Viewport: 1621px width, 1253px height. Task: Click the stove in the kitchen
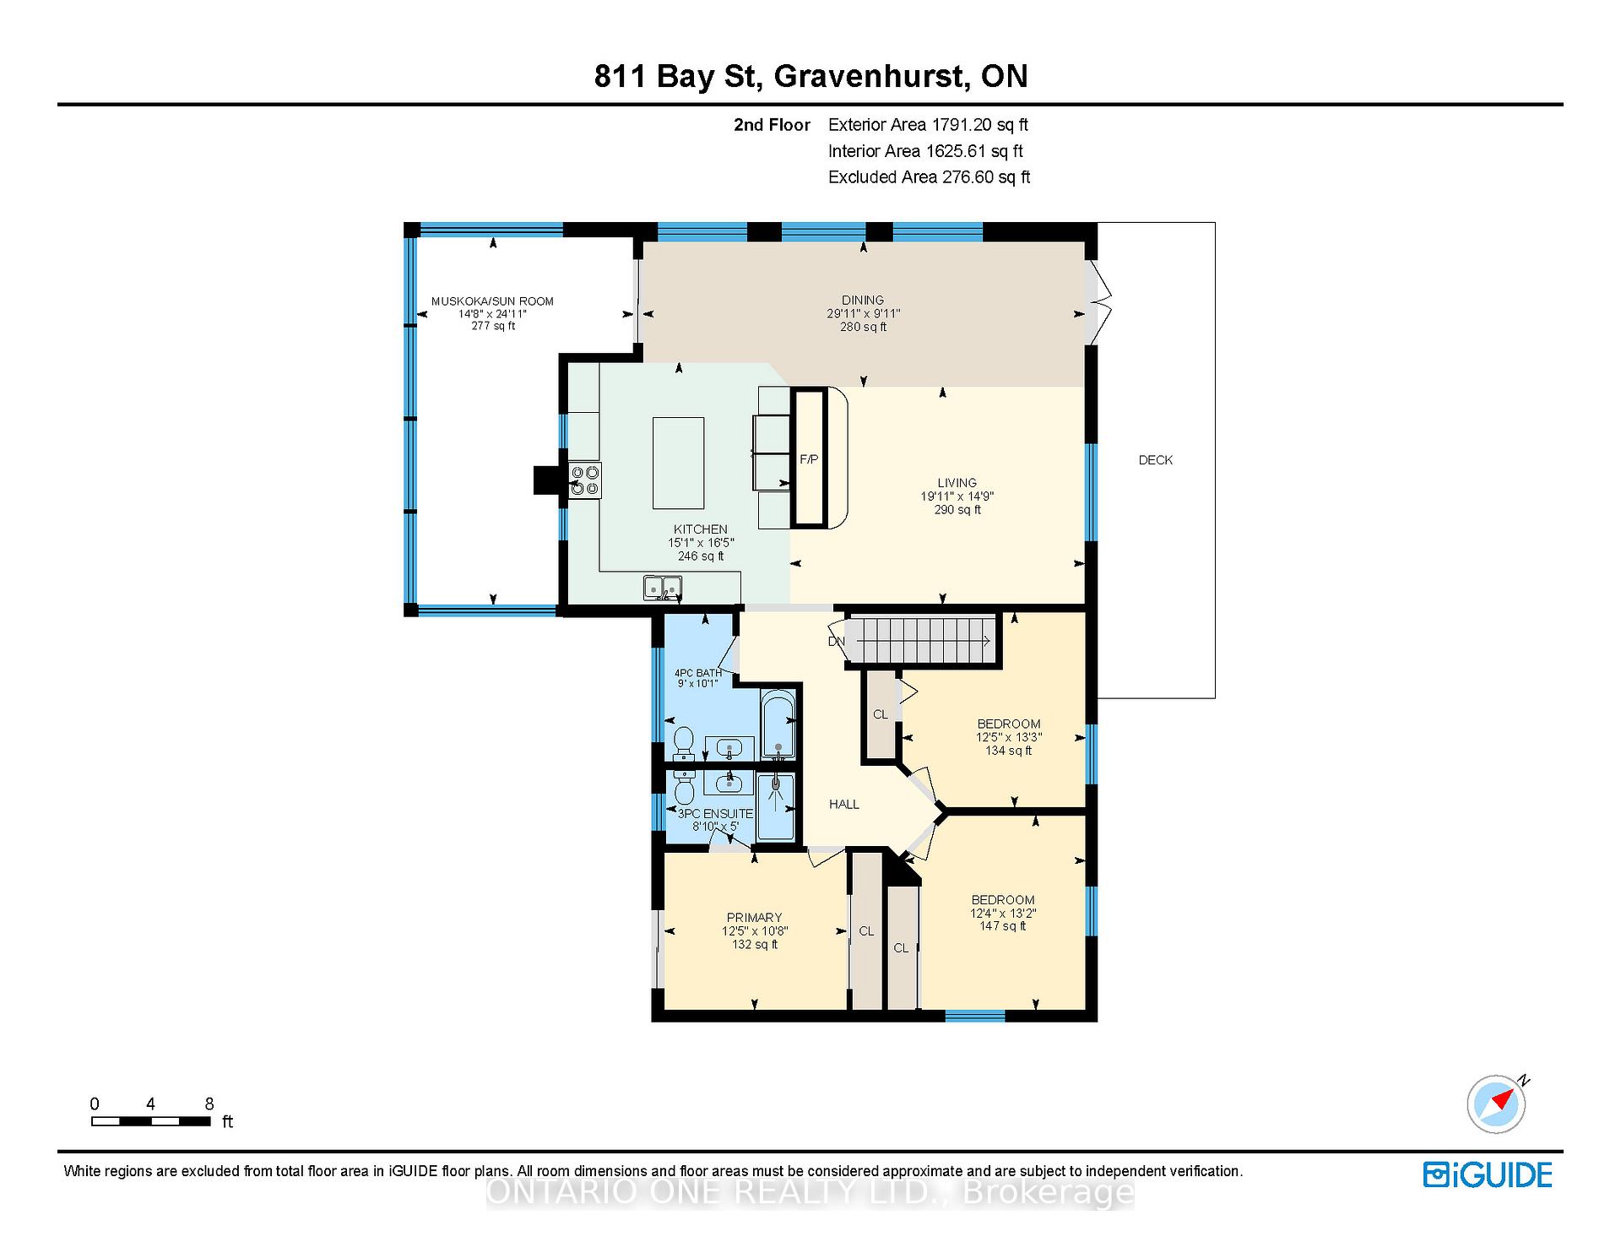coord(584,480)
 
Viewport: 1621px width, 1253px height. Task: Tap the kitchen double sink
coord(663,588)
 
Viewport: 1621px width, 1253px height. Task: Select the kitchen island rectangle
coord(678,463)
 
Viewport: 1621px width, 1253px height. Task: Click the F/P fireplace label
coord(809,459)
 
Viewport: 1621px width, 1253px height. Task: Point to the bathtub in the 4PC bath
coord(778,724)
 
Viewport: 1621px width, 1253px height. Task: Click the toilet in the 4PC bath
coord(684,743)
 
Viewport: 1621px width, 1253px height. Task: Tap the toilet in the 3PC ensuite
coord(684,788)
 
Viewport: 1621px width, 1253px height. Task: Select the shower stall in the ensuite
coord(776,807)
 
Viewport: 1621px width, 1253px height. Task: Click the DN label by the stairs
coord(836,642)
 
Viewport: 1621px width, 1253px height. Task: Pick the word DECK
coord(1156,460)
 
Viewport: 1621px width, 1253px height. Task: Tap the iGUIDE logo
coord(1488,1174)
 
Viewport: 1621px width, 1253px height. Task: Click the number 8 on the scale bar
coord(209,1104)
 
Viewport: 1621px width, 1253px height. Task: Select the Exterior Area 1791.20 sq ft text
coord(928,125)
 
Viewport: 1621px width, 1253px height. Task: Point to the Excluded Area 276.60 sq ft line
coord(929,177)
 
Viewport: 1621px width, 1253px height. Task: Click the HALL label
coord(844,805)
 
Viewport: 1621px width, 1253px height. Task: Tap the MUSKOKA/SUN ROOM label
coord(492,301)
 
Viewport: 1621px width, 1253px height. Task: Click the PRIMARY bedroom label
coord(754,918)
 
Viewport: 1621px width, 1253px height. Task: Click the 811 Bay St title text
coord(679,77)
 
